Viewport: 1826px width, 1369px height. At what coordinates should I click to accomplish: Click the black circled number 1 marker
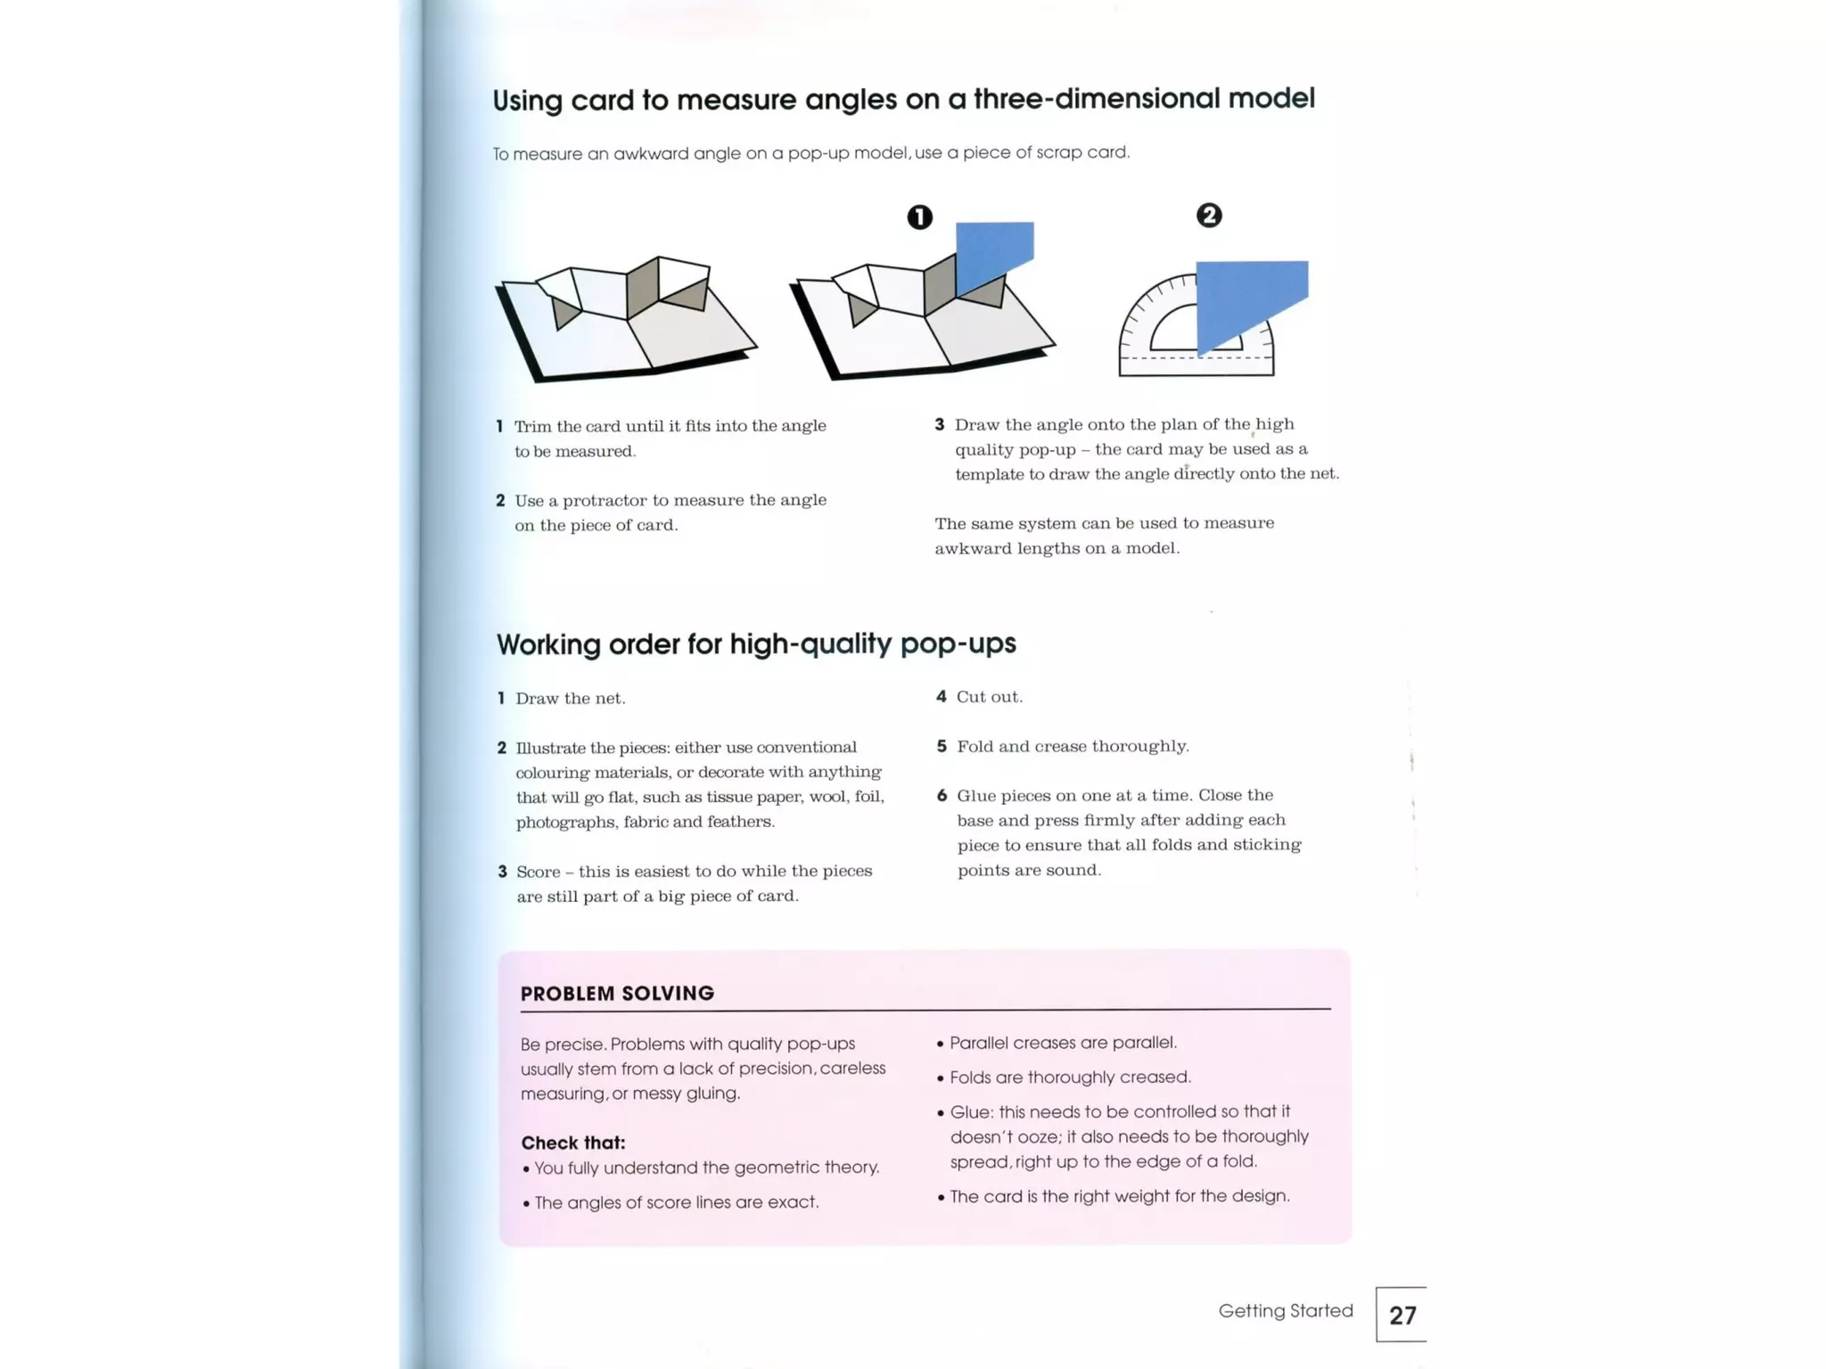pos(919,217)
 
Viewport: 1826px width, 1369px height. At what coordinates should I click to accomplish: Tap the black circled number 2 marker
pos(1208,216)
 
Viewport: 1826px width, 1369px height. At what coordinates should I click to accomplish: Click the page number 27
pos(1402,1315)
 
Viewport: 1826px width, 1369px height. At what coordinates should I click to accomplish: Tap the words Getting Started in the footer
pos(1285,1310)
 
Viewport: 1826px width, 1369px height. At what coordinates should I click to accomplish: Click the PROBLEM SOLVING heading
pos(617,993)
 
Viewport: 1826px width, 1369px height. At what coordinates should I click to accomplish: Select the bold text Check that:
pos(572,1143)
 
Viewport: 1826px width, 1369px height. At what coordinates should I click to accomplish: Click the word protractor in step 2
pos(604,500)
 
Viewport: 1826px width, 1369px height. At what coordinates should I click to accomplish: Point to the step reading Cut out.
pos(989,697)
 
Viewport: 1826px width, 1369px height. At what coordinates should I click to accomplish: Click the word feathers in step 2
pos(739,822)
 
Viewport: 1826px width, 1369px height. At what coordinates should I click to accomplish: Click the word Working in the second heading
pos(548,644)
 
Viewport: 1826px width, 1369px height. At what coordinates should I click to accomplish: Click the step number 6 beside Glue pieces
pos(942,795)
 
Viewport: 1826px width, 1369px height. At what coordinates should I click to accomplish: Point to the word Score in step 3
pos(538,872)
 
